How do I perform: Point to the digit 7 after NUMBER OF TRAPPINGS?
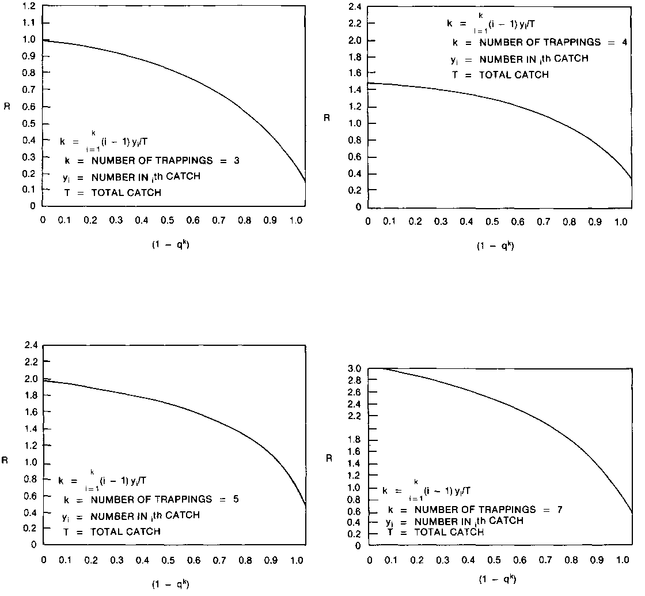560,510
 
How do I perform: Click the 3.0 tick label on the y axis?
355,368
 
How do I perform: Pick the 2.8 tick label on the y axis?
355,380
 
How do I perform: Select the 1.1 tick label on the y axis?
29,22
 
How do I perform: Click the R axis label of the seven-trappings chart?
329,459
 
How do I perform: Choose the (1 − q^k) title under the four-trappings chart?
495,246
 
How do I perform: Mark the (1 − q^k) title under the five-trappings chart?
170,584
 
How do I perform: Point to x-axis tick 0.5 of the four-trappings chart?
492,222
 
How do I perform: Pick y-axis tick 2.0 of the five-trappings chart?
31,379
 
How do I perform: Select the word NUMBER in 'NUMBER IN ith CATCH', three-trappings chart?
109,177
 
